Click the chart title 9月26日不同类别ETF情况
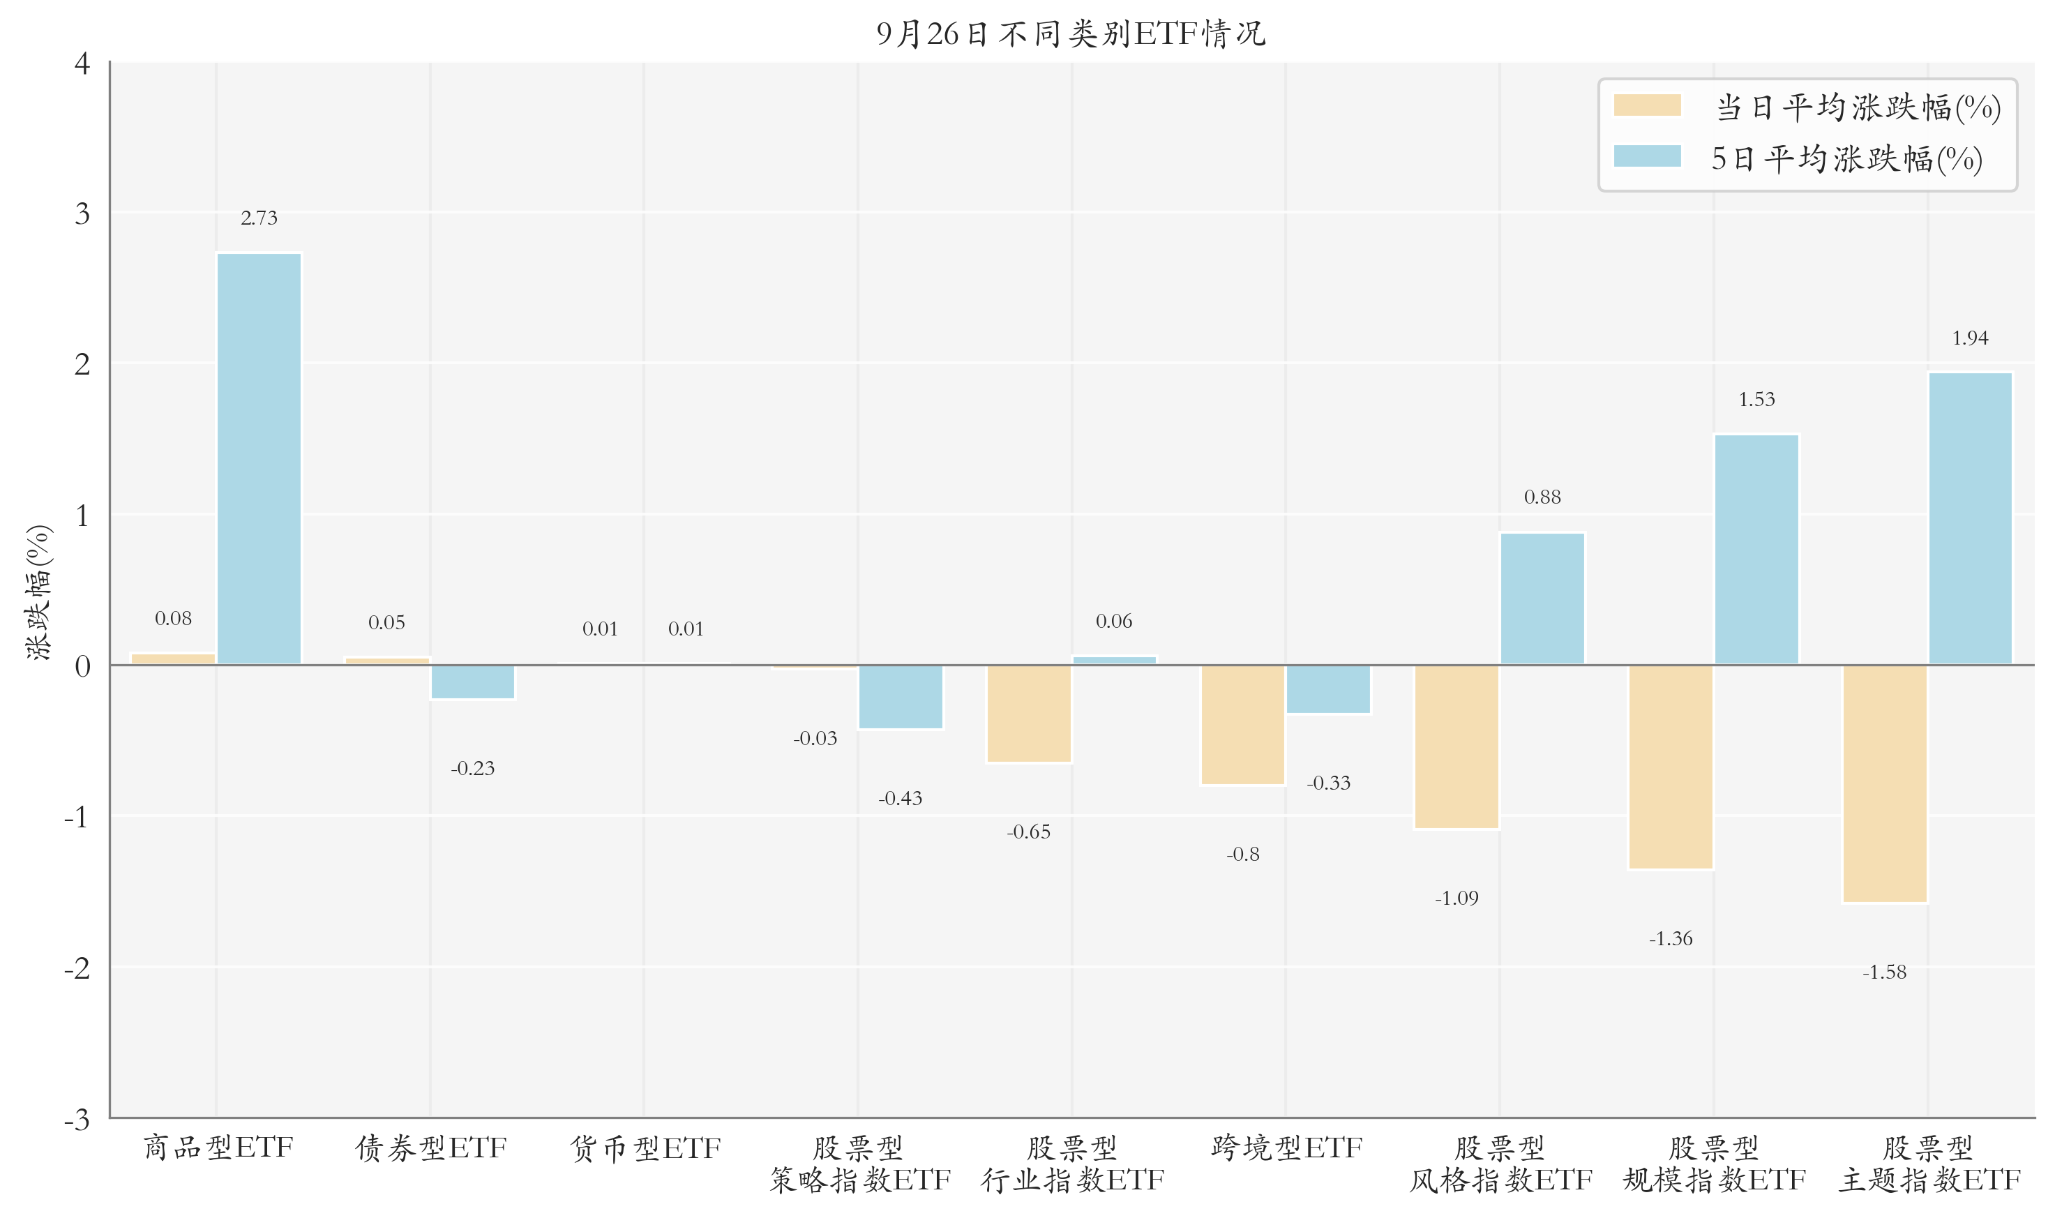tap(1070, 33)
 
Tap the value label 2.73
tap(259, 218)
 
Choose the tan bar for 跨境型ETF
tap(1242, 724)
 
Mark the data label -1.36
tap(1670, 938)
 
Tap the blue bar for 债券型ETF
tap(473, 682)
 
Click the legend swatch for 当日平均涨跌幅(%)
tap(1646, 105)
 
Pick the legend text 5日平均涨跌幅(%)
tap(1846, 158)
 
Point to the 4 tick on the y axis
tap(82, 63)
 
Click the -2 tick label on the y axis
tap(77, 968)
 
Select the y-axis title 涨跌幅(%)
tap(38, 592)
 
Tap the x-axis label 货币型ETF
tap(645, 1148)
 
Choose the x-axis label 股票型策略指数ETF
tap(859, 1164)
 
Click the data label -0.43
tap(901, 798)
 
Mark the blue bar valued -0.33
tap(1328, 689)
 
